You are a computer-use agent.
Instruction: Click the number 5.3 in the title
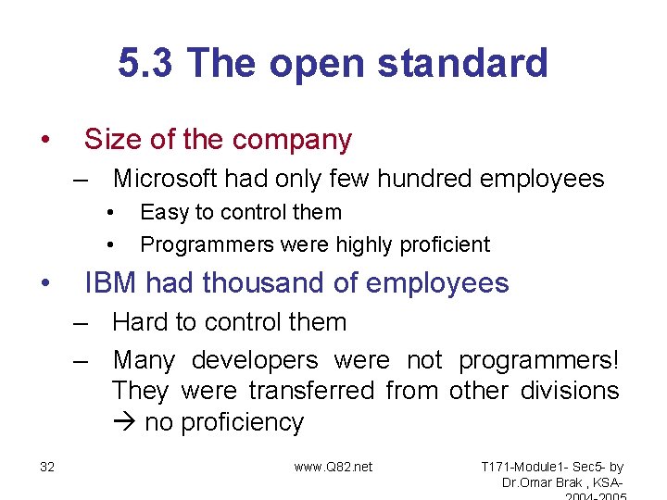(147, 64)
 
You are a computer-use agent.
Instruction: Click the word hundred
(420, 179)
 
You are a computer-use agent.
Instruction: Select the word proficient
(444, 245)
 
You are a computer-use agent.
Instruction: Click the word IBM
(109, 283)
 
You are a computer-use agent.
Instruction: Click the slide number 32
(47, 467)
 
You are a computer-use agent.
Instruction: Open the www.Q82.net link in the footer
(333, 467)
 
